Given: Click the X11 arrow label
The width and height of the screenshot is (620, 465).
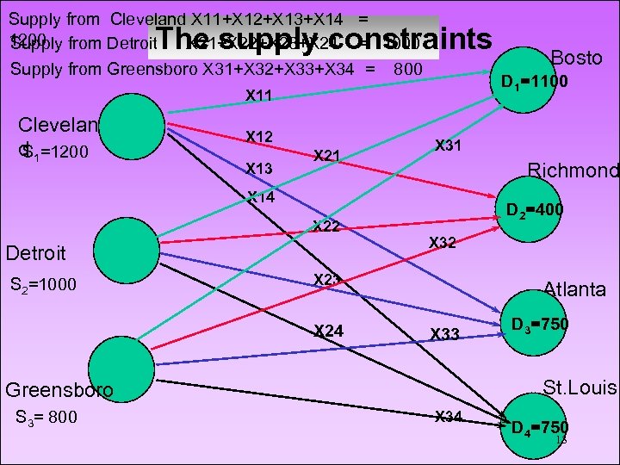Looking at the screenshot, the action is (x=259, y=96).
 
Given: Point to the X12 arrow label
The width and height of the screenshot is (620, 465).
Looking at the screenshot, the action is (x=259, y=136).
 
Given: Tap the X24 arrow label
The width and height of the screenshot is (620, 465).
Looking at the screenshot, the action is (x=328, y=330).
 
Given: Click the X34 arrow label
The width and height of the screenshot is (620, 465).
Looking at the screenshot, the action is (x=449, y=418).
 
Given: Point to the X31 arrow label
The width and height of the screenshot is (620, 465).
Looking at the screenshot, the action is (x=449, y=146).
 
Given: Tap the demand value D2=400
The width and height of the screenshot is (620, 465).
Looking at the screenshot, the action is (x=535, y=209).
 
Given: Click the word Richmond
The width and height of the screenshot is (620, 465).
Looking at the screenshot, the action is (x=573, y=170).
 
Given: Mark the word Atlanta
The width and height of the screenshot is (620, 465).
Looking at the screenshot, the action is (x=574, y=289).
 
